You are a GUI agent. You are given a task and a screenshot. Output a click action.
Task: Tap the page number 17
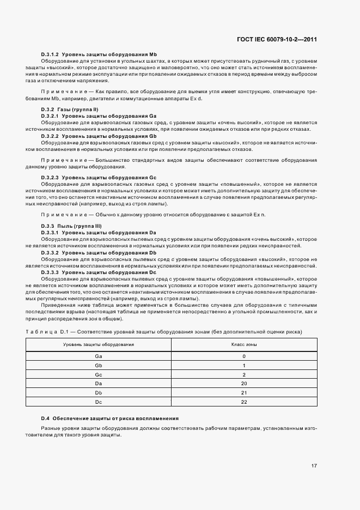pos(314,465)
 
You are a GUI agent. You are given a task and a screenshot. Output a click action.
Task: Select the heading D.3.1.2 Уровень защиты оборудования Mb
pos(99,54)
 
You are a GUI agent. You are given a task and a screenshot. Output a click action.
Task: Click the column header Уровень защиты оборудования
pos(99,345)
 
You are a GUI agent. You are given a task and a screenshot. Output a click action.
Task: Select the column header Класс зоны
pos(244,345)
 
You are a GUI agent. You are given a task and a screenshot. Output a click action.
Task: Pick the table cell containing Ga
pos(99,356)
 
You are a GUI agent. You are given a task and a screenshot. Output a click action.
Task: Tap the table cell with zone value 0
pos(244,356)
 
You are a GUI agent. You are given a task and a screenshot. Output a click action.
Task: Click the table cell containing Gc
pos(99,374)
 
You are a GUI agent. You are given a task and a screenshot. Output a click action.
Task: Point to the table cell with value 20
pos(244,384)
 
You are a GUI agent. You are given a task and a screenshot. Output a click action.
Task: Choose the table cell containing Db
pos(99,392)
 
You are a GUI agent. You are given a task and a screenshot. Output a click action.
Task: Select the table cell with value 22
pos(244,402)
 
